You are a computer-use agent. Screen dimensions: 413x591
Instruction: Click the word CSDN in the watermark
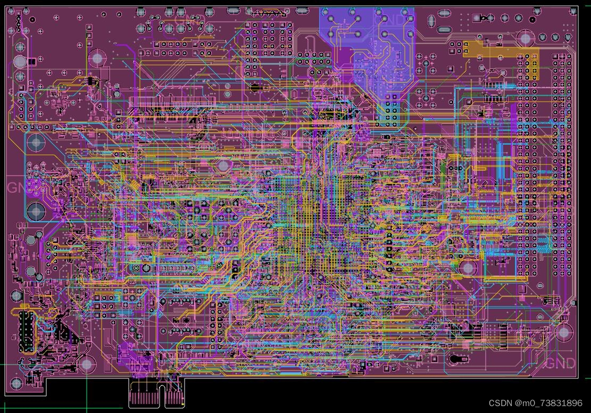(500, 403)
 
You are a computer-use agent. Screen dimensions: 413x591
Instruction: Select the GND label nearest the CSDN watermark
(561, 364)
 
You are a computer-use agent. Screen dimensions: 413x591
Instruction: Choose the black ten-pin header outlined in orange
(24, 332)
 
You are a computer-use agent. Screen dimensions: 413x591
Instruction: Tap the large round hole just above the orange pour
(526, 38)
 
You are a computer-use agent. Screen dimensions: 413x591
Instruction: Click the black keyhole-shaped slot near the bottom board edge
(457, 359)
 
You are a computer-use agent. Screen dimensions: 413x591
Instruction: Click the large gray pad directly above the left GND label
(36, 143)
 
